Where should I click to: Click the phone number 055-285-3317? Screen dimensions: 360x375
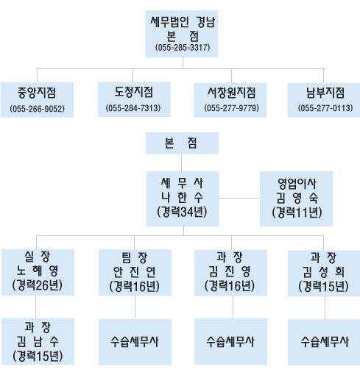coord(183,47)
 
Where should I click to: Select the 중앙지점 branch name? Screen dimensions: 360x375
coord(37,93)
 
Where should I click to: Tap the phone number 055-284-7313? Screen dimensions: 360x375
coord(133,108)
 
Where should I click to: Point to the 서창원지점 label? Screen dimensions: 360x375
coord(231,93)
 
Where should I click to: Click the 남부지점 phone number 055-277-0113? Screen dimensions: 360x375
coord(325,108)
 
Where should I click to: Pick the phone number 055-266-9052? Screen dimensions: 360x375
coord(38,109)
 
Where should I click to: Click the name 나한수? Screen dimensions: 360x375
coord(182,197)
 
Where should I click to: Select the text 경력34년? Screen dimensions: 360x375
coord(182,212)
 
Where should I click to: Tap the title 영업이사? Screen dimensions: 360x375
coord(297,184)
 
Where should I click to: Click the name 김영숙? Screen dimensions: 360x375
coord(297,198)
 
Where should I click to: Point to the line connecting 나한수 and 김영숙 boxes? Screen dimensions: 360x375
coord(239,198)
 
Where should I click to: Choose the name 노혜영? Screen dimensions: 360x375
coord(38,271)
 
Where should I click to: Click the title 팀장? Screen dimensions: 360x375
coord(135,257)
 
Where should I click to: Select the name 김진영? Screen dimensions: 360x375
coord(230,271)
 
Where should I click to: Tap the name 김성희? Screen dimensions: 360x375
coord(323,272)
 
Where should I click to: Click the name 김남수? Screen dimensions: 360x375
coord(38,341)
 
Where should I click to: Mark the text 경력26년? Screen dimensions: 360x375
coord(38,285)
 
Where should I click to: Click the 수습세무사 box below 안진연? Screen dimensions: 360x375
coord(135,342)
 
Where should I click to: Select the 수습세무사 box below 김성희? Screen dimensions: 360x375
coord(324,342)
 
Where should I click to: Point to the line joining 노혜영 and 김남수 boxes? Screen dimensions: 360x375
coord(36,307)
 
